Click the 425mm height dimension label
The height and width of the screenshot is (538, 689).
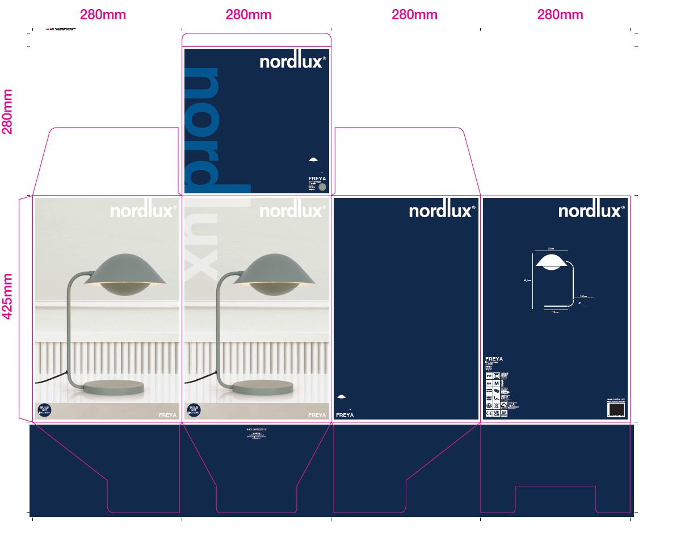pos(8,296)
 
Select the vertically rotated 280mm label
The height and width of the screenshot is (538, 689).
pos(8,111)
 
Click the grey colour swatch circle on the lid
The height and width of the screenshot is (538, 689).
pos(322,187)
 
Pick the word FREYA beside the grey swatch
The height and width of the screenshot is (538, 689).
pos(314,178)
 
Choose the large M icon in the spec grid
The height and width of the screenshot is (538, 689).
pos(497,384)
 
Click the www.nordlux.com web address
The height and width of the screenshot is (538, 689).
pos(616,400)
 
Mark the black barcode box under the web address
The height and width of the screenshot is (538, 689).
pos(616,410)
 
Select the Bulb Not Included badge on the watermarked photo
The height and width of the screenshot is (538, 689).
pos(194,410)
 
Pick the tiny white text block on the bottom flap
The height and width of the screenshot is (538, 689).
pos(257,437)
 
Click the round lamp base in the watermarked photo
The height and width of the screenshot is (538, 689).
pos(262,388)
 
